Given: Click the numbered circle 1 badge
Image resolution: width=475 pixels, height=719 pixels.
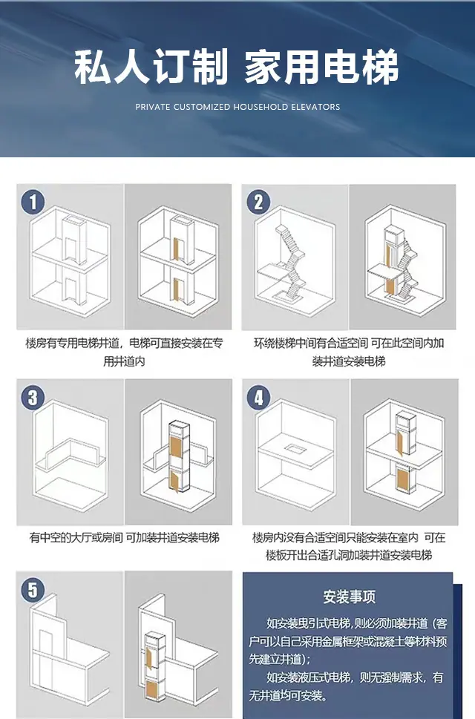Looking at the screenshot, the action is coord(33,203).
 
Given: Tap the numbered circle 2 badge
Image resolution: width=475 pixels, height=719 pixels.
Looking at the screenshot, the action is coord(258,203).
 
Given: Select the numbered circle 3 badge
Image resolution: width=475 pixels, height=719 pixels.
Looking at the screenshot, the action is coord(33,397).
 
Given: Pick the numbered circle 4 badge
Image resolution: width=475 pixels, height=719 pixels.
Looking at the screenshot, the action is coord(258,397).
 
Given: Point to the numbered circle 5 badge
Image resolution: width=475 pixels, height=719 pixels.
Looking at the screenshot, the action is coord(33,590).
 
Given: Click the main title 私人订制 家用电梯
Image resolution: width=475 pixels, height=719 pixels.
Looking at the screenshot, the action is coord(237,68).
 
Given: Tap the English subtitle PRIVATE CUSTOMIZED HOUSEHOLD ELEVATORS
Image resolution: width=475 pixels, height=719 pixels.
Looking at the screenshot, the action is coord(237,107).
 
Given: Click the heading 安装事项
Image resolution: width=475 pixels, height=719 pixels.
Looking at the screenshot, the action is coord(350,597).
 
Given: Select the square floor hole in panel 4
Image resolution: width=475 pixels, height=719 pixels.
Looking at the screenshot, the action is coord(295,448).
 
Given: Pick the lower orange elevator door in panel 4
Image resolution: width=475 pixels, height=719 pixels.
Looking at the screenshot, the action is coord(403,481).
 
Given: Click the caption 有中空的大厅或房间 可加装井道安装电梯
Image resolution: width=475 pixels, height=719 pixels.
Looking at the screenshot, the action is coord(125,537).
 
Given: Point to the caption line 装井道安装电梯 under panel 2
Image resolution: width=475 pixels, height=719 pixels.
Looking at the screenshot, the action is coord(349,361).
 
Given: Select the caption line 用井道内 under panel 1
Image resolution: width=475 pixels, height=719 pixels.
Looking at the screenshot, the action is coord(124,361).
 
